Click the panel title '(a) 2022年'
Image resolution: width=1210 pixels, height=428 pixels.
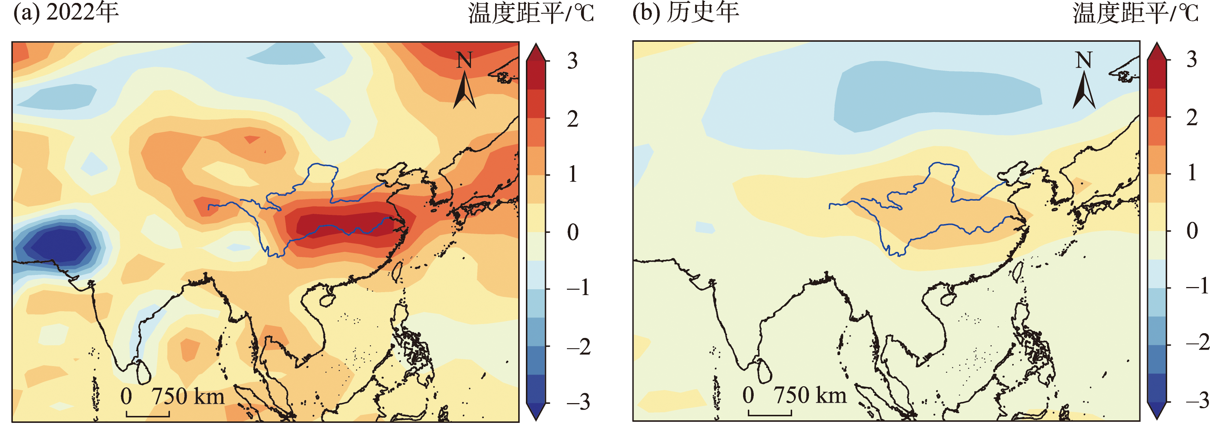(66, 13)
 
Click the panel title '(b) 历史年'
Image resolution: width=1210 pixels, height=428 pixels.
(686, 13)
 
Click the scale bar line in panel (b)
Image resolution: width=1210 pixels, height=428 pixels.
(770, 414)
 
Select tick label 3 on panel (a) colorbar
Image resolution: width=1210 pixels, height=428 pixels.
(572, 61)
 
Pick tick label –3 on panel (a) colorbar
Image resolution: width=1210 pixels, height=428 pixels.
(578, 402)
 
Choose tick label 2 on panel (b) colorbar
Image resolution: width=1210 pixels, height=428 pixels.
(1192, 118)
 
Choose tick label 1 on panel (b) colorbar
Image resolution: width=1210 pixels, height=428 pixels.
(1192, 174)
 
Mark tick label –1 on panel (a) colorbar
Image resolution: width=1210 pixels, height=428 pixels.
(578, 287)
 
